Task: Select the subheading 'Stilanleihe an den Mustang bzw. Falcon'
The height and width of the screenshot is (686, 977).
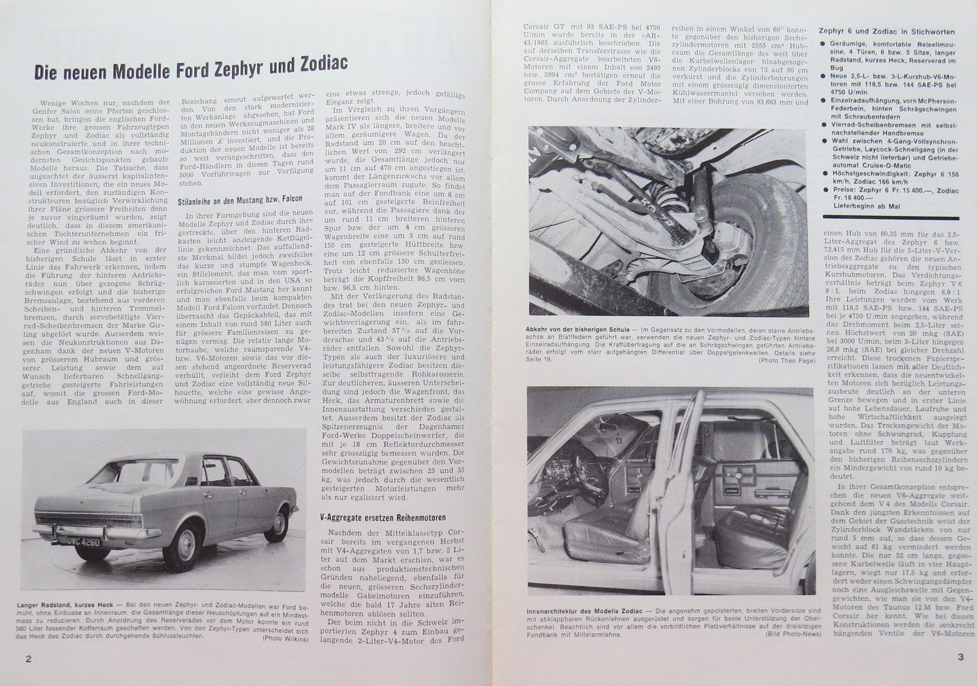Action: tap(240, 199)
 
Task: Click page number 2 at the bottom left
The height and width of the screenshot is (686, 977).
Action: tap(28, 659)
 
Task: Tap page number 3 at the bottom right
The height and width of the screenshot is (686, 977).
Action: tap(960, 657)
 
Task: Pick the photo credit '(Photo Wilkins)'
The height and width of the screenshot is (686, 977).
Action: tap(286, 639)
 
